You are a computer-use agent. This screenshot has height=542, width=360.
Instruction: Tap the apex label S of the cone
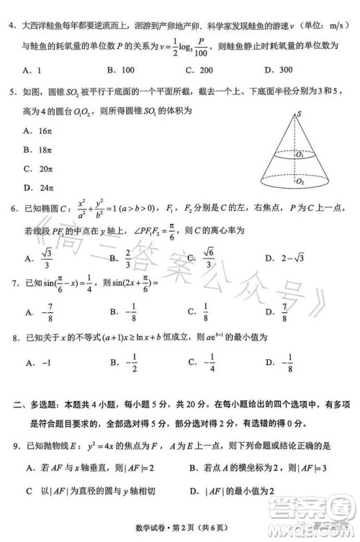click(x=298, y=113)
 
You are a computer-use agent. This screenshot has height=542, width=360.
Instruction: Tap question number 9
click(x=13, y=447)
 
